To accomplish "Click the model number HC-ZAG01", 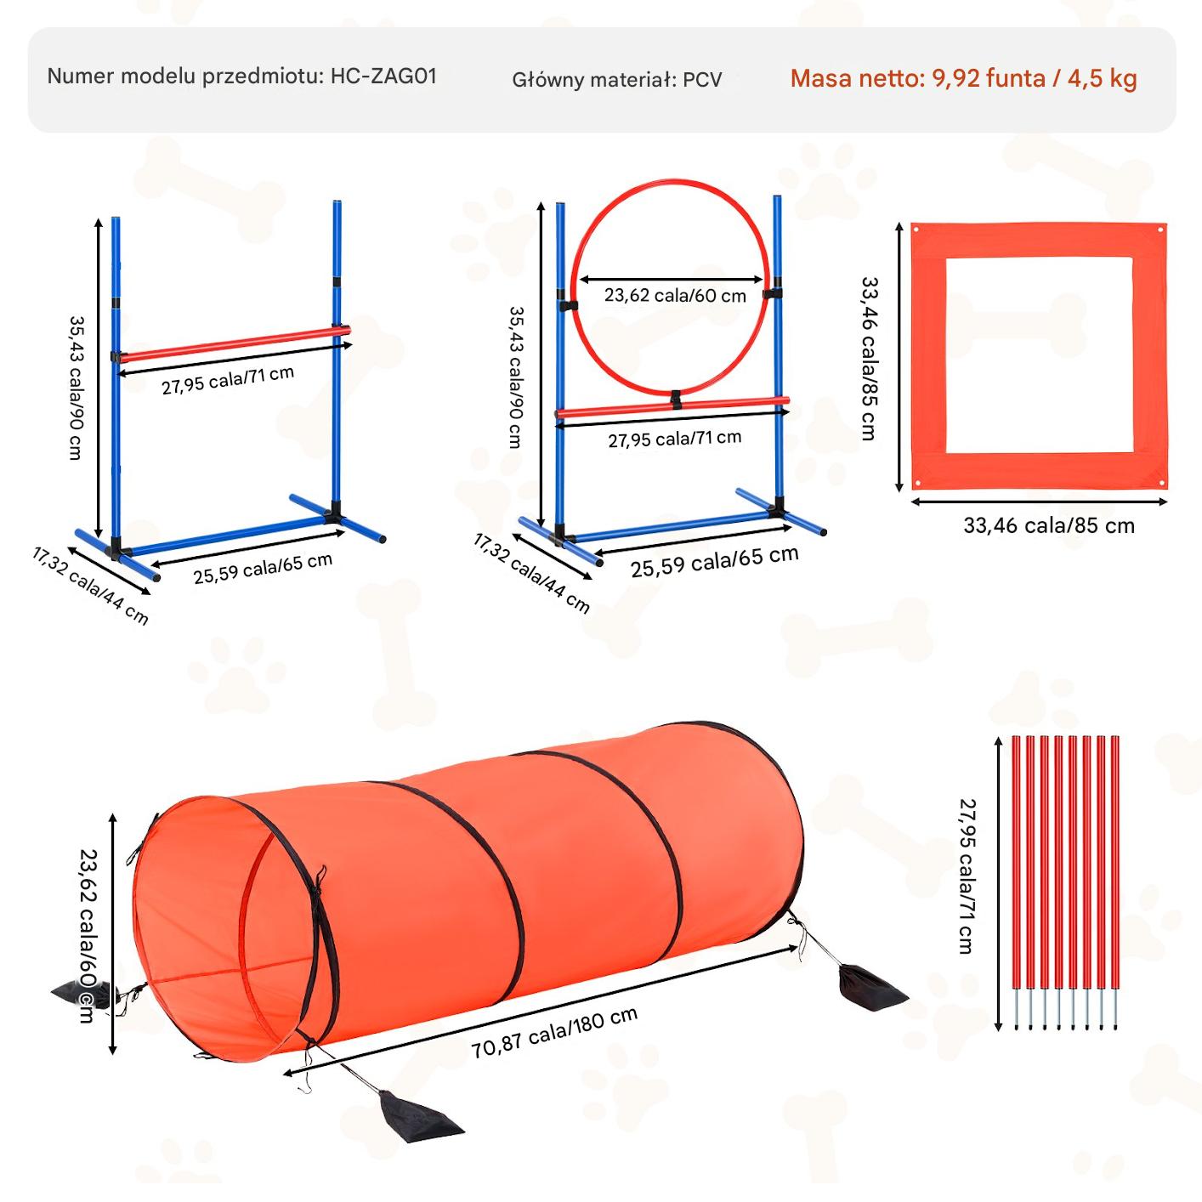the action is point(383,77).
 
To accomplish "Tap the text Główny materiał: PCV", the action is point(617,80).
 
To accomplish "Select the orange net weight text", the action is point(963,78).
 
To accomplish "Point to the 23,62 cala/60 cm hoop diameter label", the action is point(675,295).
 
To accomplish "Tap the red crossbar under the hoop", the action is point(673,406).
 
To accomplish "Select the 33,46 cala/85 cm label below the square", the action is point(1048,525).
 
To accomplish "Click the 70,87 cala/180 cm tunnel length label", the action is point(554,1033).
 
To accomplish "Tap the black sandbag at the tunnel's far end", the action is point(870,989).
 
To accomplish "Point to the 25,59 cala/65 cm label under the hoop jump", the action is point(714,561).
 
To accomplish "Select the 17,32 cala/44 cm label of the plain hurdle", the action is point(90,586).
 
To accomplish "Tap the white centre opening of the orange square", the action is point(1039,355).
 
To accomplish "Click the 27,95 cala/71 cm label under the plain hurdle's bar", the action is point(228,381).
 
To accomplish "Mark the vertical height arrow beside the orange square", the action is point(899,357).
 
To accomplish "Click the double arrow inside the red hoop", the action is point(672,280).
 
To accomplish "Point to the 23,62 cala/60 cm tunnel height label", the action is point(88,936).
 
